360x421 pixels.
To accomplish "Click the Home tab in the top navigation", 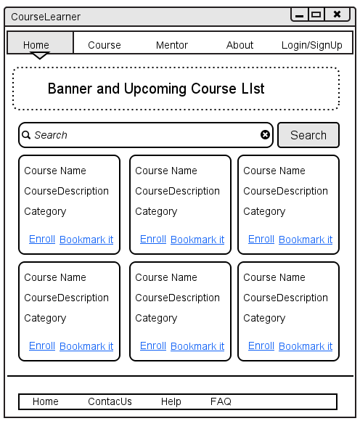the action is coord(40,43).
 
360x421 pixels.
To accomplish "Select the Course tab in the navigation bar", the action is coord(105,45).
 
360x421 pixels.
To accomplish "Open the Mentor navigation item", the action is coord(172,45).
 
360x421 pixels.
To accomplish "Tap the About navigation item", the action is coord(240,45).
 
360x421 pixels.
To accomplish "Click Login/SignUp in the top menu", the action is coord(311,45).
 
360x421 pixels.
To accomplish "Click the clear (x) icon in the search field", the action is coord(265,135).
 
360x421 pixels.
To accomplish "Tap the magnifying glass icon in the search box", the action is coord(26,135).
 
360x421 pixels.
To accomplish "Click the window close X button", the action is coord(337,14).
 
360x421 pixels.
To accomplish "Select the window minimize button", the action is coord(300,15).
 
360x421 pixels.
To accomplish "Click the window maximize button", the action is coord(316,15).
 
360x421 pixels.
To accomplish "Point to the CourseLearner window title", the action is coord(46,17).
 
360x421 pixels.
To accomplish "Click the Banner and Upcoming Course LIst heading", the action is coord(156,89).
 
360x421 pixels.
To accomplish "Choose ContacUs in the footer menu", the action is coord(110,401).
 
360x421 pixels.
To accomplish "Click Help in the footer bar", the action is coord(171,402).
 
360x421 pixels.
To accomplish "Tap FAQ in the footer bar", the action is coord(221,401).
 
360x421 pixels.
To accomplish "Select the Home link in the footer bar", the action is coord(46,401).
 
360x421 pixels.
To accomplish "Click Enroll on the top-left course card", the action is coord(42,239).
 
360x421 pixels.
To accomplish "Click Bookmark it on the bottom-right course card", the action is coord(306,346).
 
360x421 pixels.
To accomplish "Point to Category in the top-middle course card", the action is coord(156,211).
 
